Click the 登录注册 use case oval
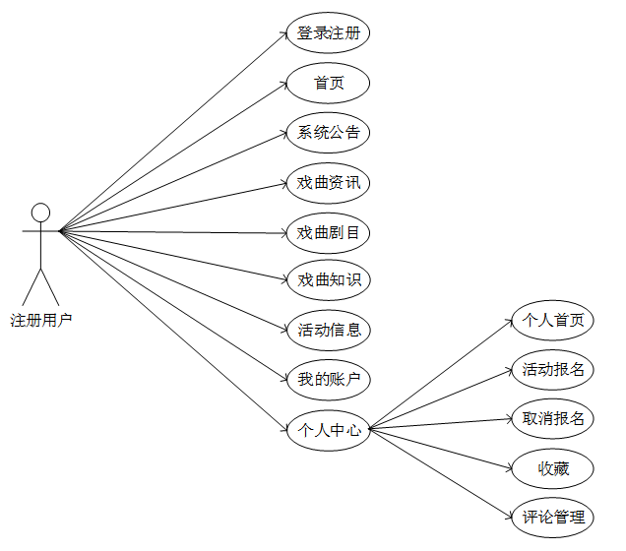[329, 34]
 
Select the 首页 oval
[329, 84]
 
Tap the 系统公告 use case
[329, 133]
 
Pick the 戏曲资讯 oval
[329, 183]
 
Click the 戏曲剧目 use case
[329, 233]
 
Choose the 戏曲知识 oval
[329, 280]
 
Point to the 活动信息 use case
[329, 330]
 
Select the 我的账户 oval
[329, 379]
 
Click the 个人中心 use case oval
[329, 429]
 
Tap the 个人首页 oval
[553, 320]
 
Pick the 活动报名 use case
[553, 370]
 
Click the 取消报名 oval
[553, 419]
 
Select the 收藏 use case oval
[553, 468]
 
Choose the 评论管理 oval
[553, 517]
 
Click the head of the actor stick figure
[40, 213]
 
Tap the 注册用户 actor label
[40, 320]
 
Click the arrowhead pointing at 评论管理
[508, 513]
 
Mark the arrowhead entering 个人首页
[508, 324]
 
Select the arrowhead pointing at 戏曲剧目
[283, 233]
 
